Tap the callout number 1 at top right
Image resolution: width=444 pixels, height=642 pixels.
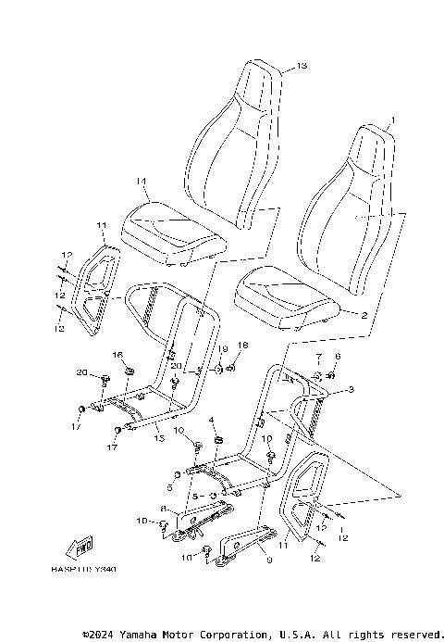(x=392, y=120)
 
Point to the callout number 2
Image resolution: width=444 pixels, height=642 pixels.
(x=364, y=316)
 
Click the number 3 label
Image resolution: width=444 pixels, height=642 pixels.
(x=351, y=393)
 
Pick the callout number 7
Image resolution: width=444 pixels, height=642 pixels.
(x=318, y=357)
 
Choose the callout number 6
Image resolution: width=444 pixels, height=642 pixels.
(x=337, y=357)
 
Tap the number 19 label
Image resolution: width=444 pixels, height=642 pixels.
(x=223, y=347)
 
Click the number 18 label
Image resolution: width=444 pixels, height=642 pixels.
(x=242, y=345)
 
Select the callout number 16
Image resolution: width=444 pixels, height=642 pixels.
(x=117, y=355)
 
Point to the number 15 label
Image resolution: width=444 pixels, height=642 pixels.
(x=158, y=437)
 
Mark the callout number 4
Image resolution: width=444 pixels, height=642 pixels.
(x=211, y=420)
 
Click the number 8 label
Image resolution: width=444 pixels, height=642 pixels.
(x=163, y=508)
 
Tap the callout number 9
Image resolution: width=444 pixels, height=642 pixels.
(x=268, y=560)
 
